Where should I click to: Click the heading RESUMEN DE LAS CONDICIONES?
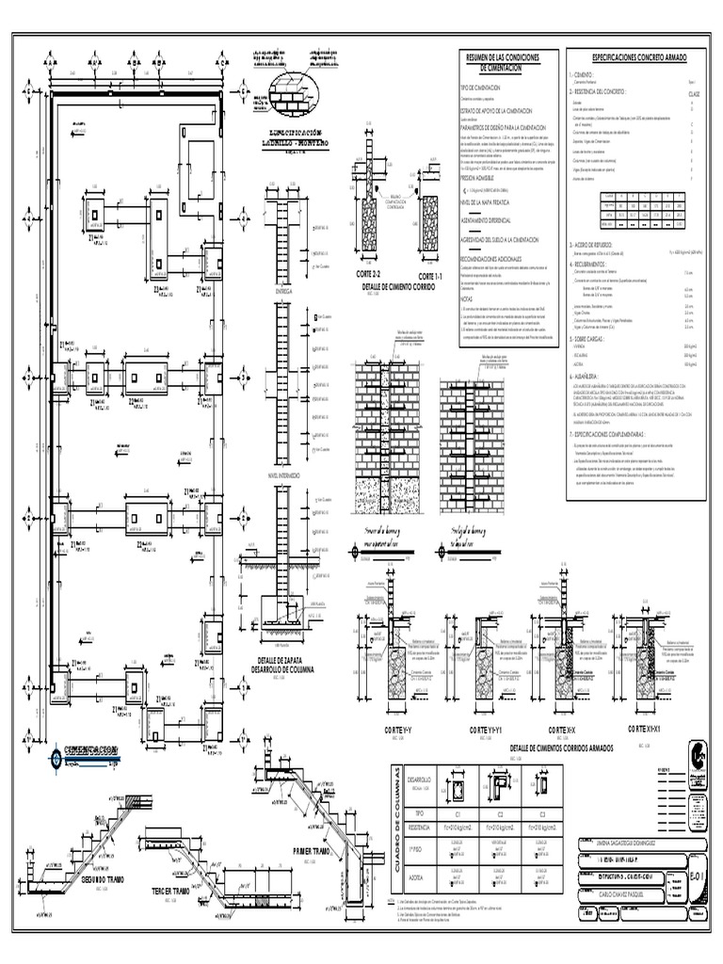tap(503, 58)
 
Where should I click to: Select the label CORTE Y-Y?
tap(386, 730)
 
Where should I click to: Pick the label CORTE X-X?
tap(562, 730)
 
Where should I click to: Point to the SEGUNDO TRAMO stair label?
tap(104, 879)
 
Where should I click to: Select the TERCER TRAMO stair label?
tap(176, 891)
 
